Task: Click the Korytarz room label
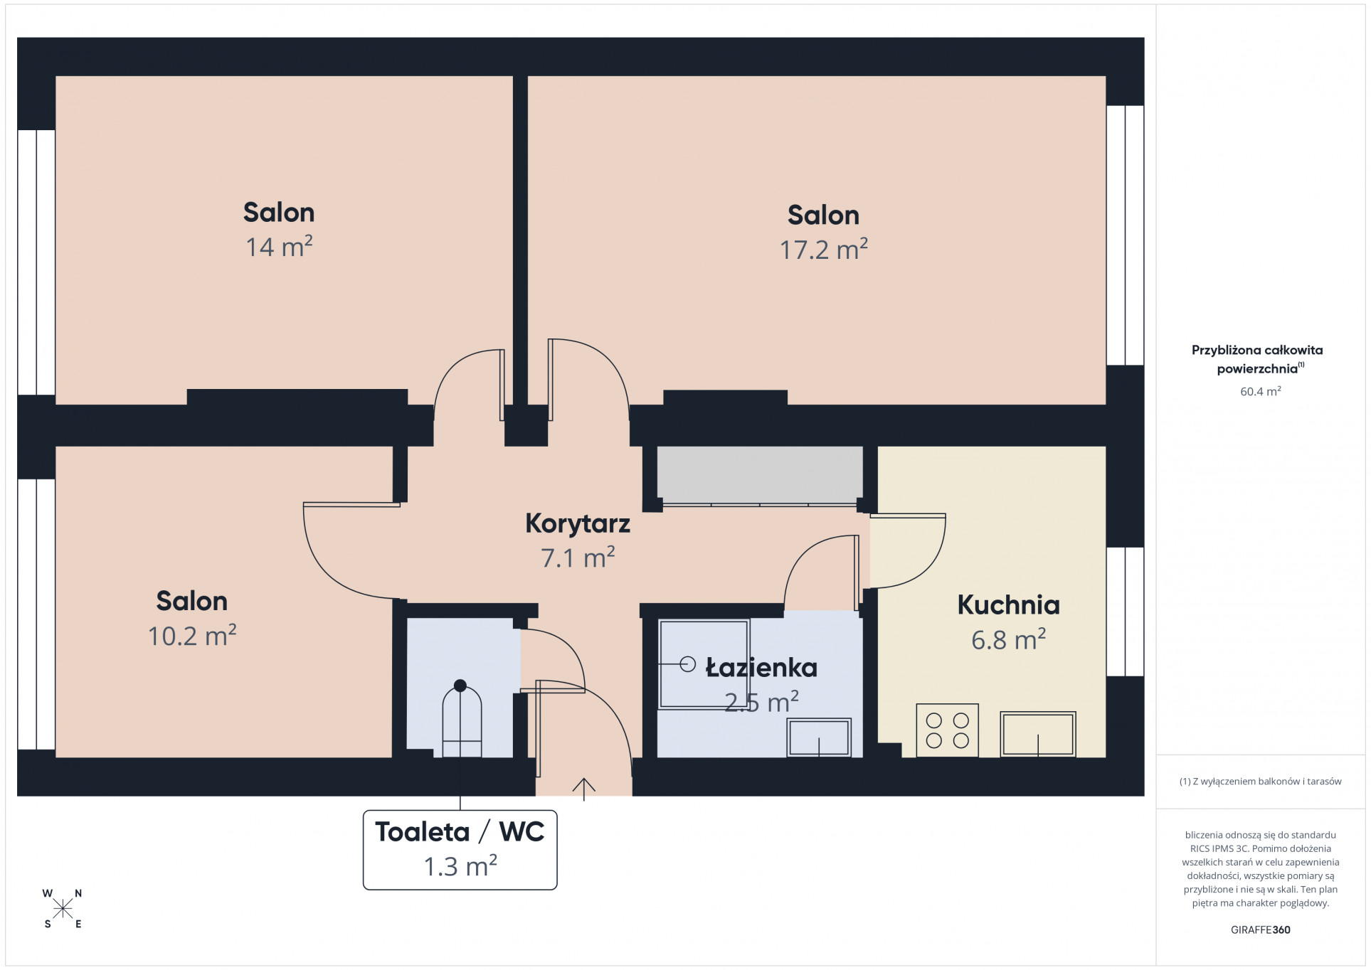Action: (x=578, y=523)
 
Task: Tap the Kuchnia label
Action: (x=1008, y=604)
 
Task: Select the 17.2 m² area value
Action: (x=823, y=249)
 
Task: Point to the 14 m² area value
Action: (x=279, y=246)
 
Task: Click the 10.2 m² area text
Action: (x=192, y=635)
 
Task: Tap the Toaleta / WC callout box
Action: (x=460, y=849)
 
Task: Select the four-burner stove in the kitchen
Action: (x=947, y=730)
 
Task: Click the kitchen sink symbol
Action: (x=1037, y=734)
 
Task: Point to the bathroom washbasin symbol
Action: (x=819, y=737)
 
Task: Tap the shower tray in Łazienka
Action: (x=704, y=663)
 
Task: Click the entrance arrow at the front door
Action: (x=583, y=789)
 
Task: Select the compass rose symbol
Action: (x=63, y=908)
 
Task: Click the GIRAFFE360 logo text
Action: (x=1260, y=929)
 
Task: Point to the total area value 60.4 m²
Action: (x=1260, y=391)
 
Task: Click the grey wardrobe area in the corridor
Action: (x=759, y=474)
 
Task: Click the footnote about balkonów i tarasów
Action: (x=1260, y=782)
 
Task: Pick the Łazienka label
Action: (x=761, y=668)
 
